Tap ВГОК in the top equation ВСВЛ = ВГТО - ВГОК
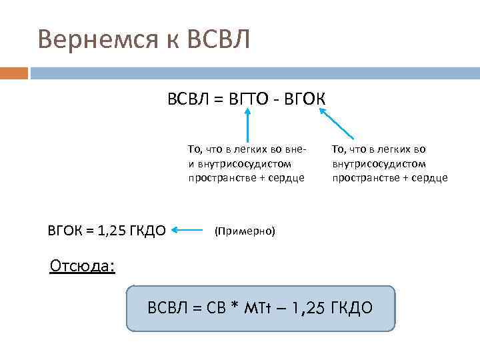[x=305, y=99]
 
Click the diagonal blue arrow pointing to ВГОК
[x=337, y=124]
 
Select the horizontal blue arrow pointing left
[x=188, y=231]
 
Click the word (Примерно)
[x=244, y=231]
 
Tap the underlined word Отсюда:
[x=82, y=267]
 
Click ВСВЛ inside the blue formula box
[x=169, y=308]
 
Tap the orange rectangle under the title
[x=14, y=73]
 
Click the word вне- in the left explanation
[x=295, y=149]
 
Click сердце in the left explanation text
[x=286, y=177]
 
